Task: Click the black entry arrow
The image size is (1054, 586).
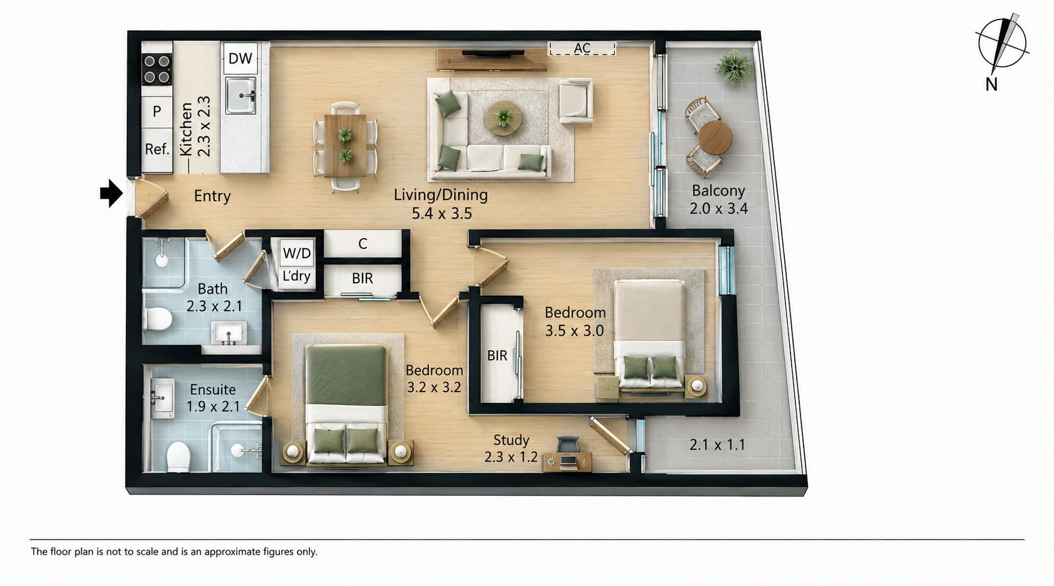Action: tap(111, 193)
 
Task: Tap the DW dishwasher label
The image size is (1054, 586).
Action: tap(240, 58)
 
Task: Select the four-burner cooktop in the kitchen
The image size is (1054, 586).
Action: tap(157, 69)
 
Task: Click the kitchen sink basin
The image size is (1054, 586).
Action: tap(240, 96)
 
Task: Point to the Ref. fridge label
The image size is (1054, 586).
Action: tap(157, 149)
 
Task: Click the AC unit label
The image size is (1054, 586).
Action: tap(582, 48)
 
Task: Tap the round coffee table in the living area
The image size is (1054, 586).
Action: tap(504, 118)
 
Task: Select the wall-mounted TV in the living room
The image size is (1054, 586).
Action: tap(493, 54)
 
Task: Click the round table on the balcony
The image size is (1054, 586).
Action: tap(715, 137)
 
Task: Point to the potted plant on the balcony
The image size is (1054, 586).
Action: tap(734, 68)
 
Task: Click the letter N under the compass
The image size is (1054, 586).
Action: tap(991, 85)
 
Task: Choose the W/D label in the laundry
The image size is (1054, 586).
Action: tap(297, 253)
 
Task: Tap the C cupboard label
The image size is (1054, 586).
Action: tap(363, 244)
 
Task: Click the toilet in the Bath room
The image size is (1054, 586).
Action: tap(158, 319)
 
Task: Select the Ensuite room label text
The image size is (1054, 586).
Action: tap(213, 390)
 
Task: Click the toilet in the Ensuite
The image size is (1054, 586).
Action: tap(178, 456)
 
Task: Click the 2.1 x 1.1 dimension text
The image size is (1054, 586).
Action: tap(717, 445)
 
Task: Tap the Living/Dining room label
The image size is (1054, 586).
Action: tap(440, 195)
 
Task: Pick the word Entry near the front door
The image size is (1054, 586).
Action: tap(212, 196)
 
